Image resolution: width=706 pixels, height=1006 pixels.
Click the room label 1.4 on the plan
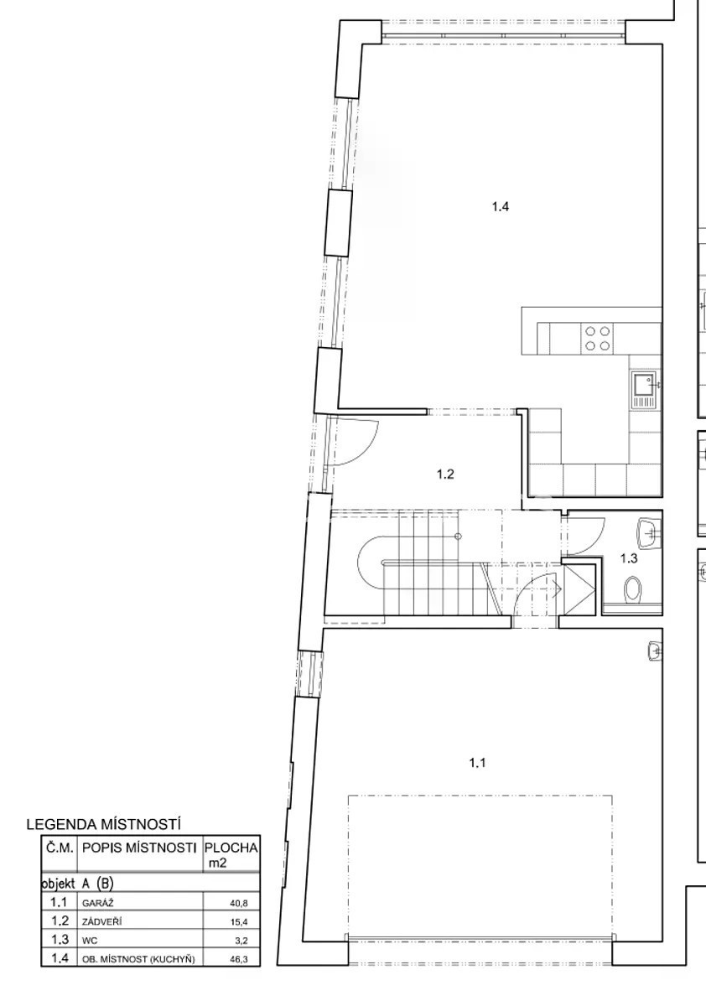click(501, 207)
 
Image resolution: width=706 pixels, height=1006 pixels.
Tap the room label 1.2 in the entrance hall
click(445, 474)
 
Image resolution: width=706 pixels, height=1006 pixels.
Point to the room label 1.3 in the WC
click(629, 558)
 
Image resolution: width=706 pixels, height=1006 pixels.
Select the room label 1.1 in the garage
click(477, 763)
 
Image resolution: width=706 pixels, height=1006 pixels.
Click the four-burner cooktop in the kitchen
click(598, 338)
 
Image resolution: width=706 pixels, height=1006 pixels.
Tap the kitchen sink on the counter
click(645, 389)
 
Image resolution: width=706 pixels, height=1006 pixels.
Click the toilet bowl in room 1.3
click(633, 589)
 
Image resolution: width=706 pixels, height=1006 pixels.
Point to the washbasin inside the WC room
click(647, 533)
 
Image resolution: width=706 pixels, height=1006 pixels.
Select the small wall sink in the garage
click(655, 651)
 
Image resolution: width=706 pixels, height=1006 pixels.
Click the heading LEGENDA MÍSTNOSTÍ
click(103, 825)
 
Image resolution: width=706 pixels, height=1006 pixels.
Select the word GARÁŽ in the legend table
click(95, 903)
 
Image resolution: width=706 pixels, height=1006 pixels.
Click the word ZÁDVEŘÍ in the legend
click(102, 922)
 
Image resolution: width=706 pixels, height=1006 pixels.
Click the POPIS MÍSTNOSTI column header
click(139, 848)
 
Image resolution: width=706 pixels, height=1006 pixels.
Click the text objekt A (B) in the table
click(77, 884)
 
